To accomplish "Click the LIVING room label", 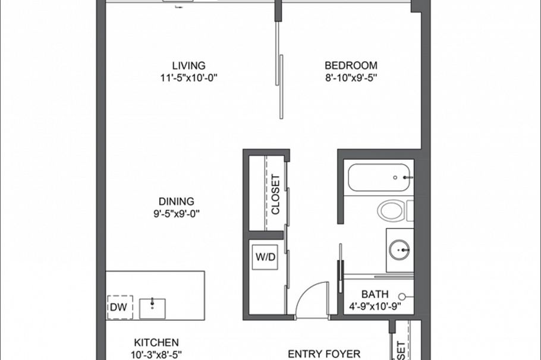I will [x=188, y=66].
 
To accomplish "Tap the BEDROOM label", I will [x=351, y=66].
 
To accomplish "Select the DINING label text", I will [x=176, y=202].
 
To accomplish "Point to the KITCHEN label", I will [x=156, y=343].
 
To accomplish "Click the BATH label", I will [x=375, y=294].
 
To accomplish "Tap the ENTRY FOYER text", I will [x=324, y=354].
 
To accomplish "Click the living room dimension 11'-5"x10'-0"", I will [x=188, y=77].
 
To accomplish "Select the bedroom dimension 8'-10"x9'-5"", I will [x=351, y=77].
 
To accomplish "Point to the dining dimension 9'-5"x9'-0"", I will [x=176, y=213].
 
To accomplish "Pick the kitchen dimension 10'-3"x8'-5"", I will [x=156, y=354].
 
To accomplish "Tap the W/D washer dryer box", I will [x=265, y=258].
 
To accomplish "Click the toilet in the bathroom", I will [x=392, y=210].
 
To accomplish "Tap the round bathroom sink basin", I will [x=399, y=250].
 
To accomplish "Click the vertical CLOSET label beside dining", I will [x=275, y=194].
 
